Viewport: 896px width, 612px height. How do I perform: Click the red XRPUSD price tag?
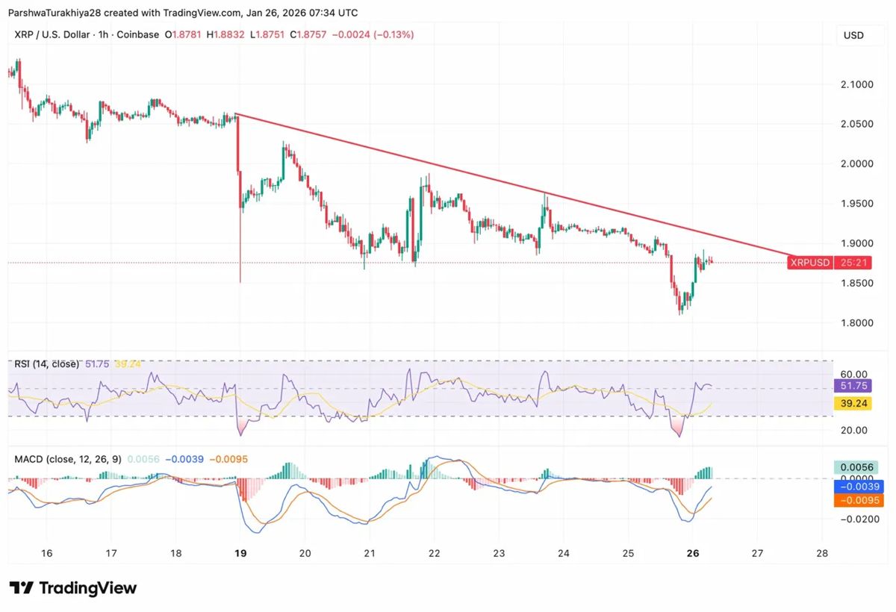(x=810, y=263)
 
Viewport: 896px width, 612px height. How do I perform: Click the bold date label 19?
(x=240, y=554)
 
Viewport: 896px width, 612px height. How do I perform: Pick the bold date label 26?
(x=692, y=554)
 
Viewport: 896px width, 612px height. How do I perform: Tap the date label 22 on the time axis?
(x=434, y=554)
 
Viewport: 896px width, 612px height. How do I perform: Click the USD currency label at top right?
(x=853, y=35)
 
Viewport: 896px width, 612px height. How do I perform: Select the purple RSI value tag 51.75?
(x=853, y=386)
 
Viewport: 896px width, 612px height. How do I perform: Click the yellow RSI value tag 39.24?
(x=853, y=403)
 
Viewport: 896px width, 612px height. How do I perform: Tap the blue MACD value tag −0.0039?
(x=858, y=486)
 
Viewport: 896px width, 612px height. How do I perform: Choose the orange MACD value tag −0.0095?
(x=858, y=500)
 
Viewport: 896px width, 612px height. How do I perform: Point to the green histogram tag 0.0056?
(x=858, y=467)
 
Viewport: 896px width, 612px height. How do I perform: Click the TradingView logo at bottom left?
(x=73, y=588)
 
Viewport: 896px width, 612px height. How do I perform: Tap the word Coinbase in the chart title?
(x=139, y=35)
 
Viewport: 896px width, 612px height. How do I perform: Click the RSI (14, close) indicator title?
(x=46, y=364)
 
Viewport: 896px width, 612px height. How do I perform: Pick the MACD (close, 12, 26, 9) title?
(x=68, y=459)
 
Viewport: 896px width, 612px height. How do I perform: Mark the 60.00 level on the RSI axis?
(x=853, y=374)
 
